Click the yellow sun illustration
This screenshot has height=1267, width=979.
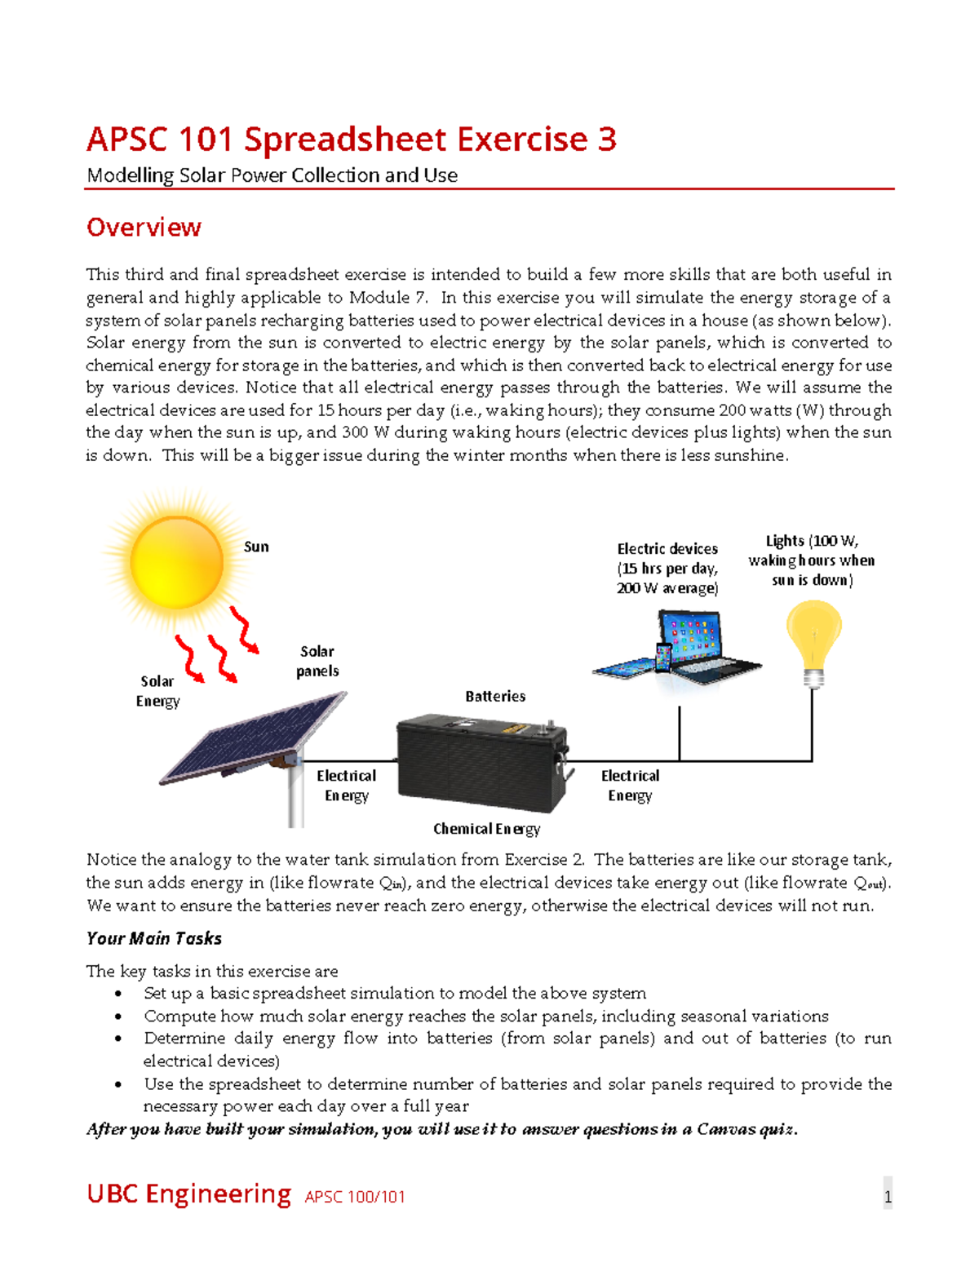[176, 561]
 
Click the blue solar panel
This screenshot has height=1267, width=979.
[253, 738]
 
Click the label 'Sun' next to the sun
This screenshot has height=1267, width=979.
[256, 547]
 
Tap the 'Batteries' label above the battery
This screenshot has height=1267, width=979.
[495, 696]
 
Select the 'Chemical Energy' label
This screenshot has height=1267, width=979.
[486, 829]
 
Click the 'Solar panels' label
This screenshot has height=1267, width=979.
[317, 661]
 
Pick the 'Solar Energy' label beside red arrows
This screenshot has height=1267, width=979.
[157, 691]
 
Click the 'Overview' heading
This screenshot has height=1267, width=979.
[144, 227]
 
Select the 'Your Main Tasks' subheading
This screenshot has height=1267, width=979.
[154, 938]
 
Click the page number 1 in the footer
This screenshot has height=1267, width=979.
[888, 1197]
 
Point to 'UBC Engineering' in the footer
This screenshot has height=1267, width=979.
[188, 1194]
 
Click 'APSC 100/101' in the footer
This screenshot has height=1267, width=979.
[355, 1197]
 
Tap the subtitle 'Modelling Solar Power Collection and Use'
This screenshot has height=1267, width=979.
[272, 175]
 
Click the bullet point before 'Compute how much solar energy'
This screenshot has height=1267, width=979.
[119, 1017]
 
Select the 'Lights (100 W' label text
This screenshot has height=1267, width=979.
[811, 541]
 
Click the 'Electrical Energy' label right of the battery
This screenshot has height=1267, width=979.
[630, 785]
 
